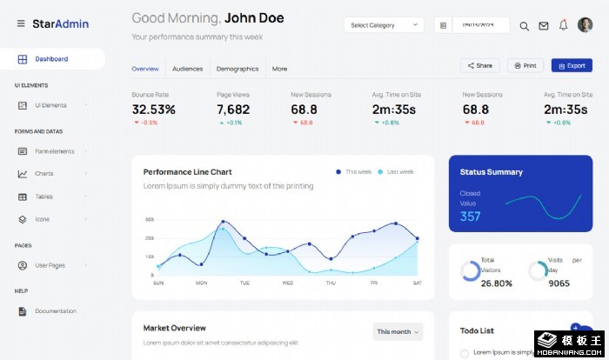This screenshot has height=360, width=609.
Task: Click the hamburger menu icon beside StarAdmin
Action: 21,23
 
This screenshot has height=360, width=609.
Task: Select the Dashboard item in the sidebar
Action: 51,59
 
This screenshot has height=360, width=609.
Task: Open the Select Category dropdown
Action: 384,25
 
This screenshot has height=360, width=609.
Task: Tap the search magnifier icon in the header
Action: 524,26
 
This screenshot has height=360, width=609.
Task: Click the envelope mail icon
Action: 544,26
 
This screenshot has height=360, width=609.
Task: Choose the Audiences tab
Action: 187,69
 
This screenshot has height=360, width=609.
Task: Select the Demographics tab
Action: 238,69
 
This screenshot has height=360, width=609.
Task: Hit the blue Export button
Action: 572,65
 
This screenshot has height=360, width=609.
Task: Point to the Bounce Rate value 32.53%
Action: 154,110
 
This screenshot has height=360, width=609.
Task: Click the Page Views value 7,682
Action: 233,110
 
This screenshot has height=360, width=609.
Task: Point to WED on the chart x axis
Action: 288,283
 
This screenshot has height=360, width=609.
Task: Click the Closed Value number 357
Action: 470,217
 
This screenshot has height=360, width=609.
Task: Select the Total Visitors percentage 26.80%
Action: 496,283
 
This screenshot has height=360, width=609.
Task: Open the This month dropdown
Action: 398,331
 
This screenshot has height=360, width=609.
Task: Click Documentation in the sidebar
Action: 56,310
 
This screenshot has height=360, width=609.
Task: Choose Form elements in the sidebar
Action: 54,151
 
